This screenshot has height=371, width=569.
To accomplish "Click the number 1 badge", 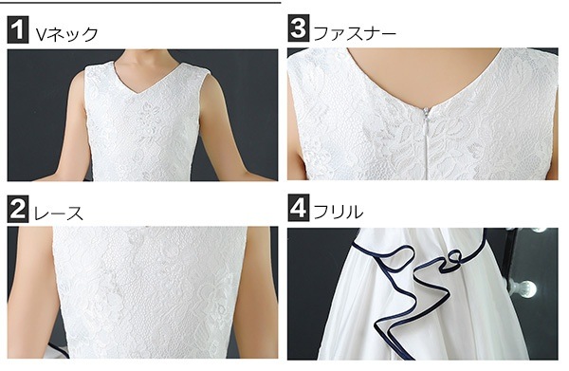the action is coord(18,30).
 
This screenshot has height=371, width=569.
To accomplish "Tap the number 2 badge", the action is coord(18,210).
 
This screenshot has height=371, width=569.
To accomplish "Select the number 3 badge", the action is coord(299,28).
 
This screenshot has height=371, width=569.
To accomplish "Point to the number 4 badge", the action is coord(299,208).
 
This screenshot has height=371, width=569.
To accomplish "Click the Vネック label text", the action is coord(66,34).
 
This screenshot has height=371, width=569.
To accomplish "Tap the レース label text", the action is coord(59,213).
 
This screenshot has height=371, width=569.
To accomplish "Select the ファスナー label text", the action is coord(355,33).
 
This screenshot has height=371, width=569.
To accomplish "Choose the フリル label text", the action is coord(339,212).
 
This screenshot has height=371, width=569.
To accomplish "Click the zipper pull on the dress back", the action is coord(428,115).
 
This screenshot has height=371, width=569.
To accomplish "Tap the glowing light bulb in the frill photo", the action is coord(524,288).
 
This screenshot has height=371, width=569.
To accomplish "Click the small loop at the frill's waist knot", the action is coord(453,257).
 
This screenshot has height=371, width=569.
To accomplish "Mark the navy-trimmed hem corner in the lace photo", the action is coord(59,351).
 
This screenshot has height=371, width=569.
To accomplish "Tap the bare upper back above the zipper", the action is coord(425,73).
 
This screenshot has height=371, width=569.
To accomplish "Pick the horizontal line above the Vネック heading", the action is coord(140,2).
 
